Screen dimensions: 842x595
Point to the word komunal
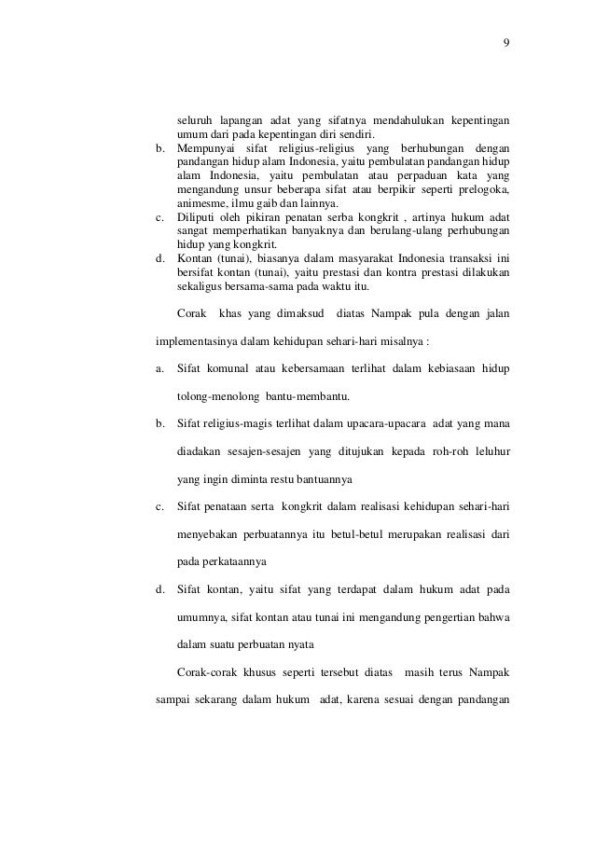pyautogui.click(x=232, y=369)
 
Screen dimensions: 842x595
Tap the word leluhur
pyautogui.click(x=490, y=452)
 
